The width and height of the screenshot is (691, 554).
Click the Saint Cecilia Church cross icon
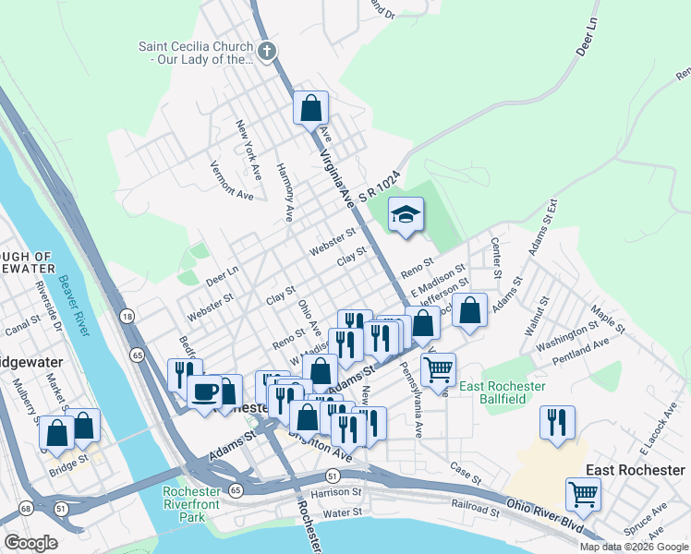pos(267,51)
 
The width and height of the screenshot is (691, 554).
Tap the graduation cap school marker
pos(406,215)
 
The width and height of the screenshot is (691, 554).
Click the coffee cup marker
pos(204,390)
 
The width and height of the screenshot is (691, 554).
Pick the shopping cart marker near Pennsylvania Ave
pos(438,369)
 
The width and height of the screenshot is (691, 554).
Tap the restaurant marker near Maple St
pos(557,422)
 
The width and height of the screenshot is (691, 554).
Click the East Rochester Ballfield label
pos(503,392)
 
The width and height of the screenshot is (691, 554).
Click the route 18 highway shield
pos(127,316)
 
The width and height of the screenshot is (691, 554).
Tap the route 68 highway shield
pos(24,508)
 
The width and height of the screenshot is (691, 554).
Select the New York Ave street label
pos(247,149)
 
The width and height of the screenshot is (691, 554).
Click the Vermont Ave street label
pos(231,181)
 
